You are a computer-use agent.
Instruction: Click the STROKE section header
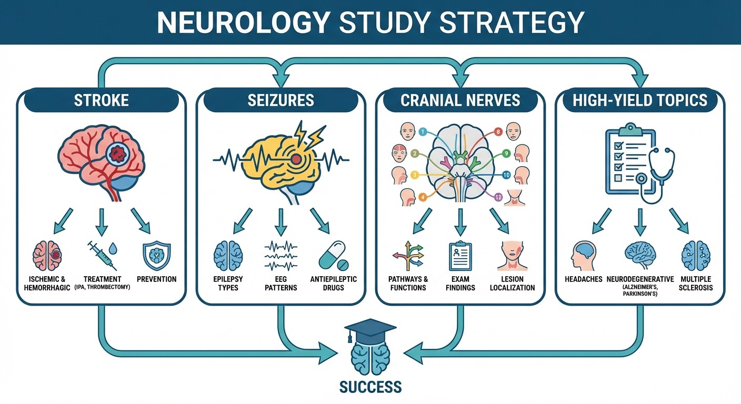(101, 100)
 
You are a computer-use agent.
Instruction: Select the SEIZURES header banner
(281, 100)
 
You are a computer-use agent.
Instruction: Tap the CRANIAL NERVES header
(460, 100)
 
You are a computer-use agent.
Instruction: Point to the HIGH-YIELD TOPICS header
(640, 100)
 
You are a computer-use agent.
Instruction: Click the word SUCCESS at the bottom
(370, 387)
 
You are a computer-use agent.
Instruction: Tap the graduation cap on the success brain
(370, 329)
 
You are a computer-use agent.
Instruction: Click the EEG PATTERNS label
(281, 283)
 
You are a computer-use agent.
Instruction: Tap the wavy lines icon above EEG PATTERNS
(281, 256)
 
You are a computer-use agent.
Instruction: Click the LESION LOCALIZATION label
(512, 283)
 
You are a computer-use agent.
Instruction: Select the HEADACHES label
(583, 279)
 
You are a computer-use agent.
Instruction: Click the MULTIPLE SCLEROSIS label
(695, 283)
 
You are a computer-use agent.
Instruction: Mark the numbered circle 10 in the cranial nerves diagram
(506, 175)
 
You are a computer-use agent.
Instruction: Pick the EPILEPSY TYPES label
(228, 283)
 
